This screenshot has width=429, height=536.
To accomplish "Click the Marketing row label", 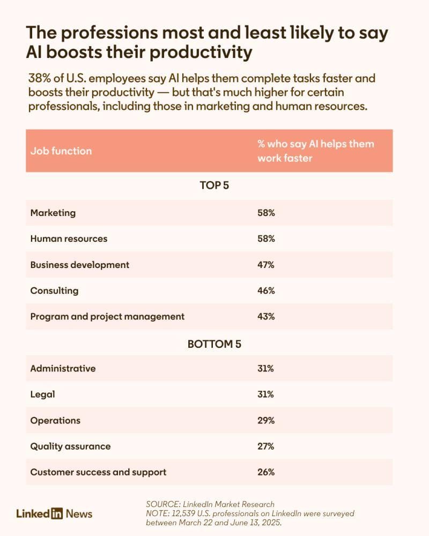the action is (x=53, y=213).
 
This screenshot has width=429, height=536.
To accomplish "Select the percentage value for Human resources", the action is (x=266, y=239).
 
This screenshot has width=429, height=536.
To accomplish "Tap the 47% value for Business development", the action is (x=266, y=265).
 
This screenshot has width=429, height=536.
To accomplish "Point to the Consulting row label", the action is (x=54, y=291).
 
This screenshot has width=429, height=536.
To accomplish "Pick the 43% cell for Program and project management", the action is (x=266, y=317).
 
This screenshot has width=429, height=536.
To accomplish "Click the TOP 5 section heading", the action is (x=214, y=185).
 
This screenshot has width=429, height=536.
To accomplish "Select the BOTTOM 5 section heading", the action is (x=214, y=344).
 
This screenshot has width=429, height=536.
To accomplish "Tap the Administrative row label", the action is (x=63, y=369).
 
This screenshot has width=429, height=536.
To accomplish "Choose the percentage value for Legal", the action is (x=265, y=394).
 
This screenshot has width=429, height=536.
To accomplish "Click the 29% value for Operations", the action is (x=266, y=420).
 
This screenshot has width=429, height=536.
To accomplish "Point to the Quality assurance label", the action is (x=70, y=446).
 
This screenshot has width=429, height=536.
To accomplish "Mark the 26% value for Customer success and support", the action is (x=266, y=472).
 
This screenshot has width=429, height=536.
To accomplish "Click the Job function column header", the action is (x=61, y=151).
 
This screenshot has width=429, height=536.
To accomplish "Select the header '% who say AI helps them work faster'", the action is (x=316, y=151).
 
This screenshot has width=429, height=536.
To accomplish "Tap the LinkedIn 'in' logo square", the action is (x=57, y=513).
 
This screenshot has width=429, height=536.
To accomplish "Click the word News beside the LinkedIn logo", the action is (x=79, y=513).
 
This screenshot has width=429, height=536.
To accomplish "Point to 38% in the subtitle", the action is (x=39, y=78).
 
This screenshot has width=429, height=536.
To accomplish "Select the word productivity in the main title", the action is (x=201, y=53).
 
